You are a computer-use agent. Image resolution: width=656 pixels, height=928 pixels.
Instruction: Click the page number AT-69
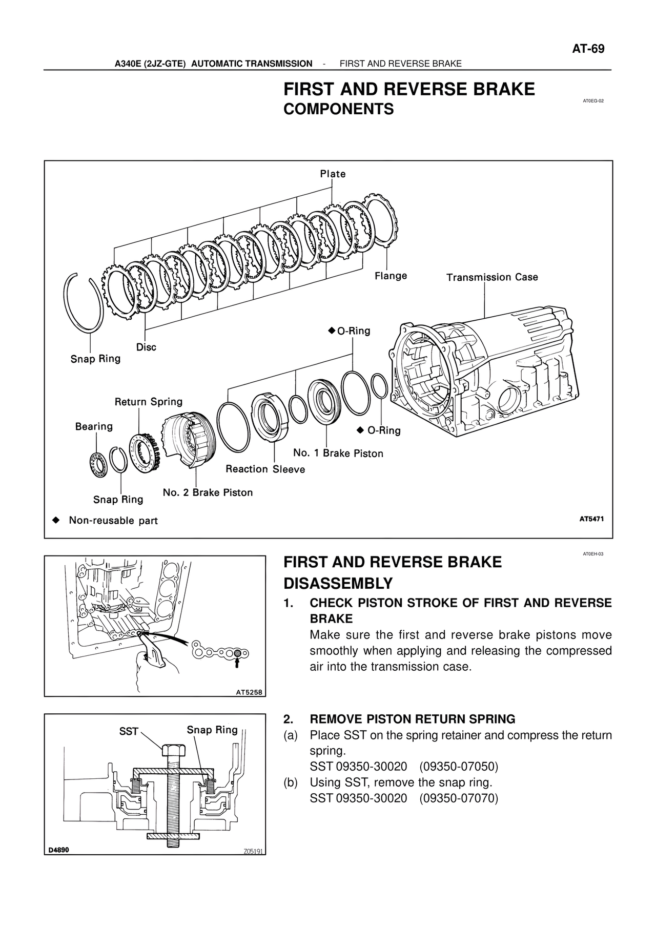pos(588,49)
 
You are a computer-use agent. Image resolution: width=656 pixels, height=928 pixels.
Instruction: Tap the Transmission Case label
pos(492,277)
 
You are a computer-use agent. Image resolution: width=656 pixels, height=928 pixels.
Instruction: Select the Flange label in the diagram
pos(391,276)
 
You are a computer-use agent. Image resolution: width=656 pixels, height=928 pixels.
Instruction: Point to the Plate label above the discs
pos(333,174)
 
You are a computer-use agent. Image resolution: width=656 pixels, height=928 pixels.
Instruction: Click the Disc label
pos(146,347)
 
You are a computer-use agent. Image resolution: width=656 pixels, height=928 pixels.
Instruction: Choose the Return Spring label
pos(148,402)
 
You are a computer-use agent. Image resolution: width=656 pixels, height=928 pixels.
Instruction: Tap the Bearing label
pos(94,426)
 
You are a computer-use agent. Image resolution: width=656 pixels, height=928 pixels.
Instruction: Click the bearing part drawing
pos(97,465)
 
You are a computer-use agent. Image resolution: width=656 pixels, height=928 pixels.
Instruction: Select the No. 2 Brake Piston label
pos(208,492)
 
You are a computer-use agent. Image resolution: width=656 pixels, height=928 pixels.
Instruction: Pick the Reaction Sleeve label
pos(265,469)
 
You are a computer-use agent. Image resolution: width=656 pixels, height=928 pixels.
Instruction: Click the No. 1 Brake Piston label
pos(338,453)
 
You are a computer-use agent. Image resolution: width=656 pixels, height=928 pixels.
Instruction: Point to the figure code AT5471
pos(591,519)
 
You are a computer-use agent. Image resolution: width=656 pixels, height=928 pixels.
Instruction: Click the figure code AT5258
pos(249,692)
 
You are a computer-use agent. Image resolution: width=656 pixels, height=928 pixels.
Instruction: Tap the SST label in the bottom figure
pos(129,731)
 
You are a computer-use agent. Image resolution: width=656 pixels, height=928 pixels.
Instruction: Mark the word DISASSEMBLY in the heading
pos(338,583)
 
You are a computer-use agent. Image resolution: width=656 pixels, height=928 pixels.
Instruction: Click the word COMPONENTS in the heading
pos(339,109)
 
